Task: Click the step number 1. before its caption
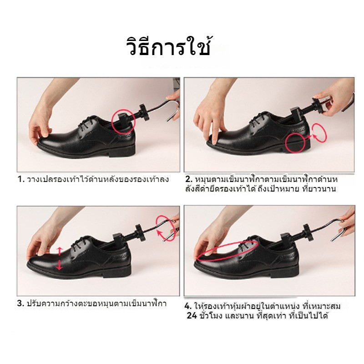[20, 179]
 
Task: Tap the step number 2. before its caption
[188, 179]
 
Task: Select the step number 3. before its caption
[20, 303]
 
